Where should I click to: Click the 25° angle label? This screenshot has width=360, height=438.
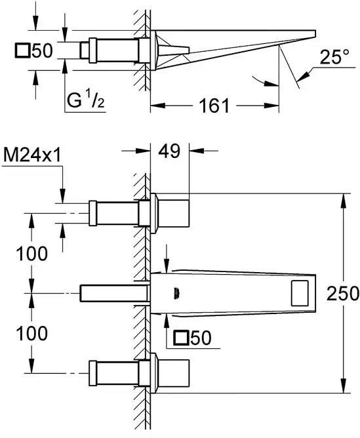tap(334, 57)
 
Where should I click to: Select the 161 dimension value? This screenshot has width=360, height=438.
tap(214, 106)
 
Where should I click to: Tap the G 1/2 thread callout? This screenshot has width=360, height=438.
tap(86, 100)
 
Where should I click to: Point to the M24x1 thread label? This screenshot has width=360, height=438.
tap(32, 155)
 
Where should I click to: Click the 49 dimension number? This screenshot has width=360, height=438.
tap(170, 151)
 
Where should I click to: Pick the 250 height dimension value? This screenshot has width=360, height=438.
tap(343, 293)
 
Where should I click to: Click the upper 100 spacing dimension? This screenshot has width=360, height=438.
tap(32, 254)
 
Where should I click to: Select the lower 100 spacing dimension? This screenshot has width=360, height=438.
tap(32, 333)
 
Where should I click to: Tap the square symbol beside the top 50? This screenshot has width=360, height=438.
tap(22, 51)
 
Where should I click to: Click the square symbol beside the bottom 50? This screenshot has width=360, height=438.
tap(181, 338)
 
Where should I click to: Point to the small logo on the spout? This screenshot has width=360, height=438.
tap(176, 293)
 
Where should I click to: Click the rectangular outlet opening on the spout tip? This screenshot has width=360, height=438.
tap(300, 293)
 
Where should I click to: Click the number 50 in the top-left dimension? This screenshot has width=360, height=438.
tap(42, 51)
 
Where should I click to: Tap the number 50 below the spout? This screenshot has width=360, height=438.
tap(201, 338)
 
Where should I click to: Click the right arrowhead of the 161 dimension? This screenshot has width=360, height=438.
tap(271, 106)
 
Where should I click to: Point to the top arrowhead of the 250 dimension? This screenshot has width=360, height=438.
tap(343, 200)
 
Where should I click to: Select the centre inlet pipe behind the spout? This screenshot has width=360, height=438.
tap(113, 293)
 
